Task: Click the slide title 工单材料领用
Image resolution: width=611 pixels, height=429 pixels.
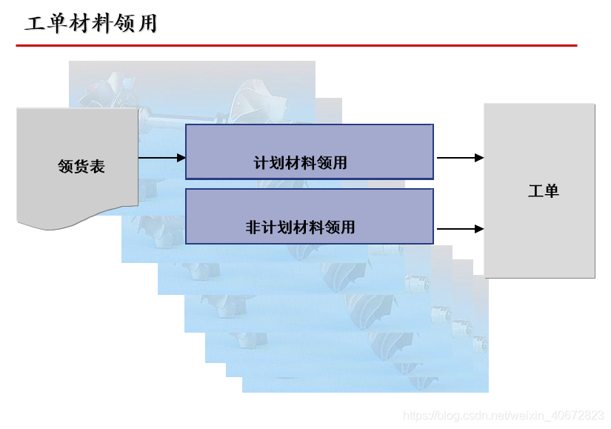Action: coord(91,24)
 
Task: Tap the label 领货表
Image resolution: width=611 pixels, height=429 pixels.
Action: coord(81,167)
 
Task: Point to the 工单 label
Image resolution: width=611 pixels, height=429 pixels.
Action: coord(543,191)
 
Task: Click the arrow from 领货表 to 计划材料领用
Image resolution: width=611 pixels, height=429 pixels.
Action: coord(161,157)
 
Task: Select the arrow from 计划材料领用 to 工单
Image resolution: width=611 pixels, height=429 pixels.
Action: coord(460,158)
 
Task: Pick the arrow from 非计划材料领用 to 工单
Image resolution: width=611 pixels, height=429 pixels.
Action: coord(460,229)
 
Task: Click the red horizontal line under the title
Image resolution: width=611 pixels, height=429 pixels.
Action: coord(296,46)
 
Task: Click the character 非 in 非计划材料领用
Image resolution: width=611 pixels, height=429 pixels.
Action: coord(253,227)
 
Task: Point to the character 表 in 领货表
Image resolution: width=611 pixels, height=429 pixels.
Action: coord(97,167)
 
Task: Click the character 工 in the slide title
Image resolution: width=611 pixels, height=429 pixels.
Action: coord(34,24)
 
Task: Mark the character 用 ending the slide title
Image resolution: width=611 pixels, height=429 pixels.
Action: coord(148,24)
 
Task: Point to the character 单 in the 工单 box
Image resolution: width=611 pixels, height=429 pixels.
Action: coord(551,191)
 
